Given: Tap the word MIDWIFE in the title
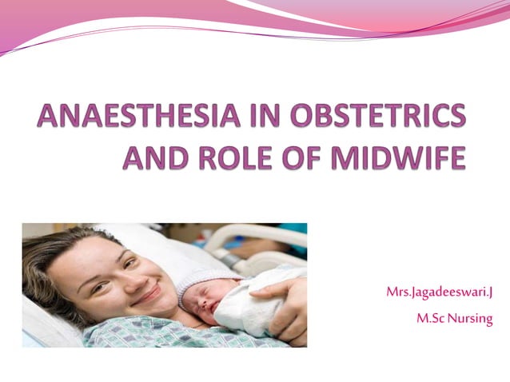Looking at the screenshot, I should [393, 158].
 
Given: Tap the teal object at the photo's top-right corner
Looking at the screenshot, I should [296, 236].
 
